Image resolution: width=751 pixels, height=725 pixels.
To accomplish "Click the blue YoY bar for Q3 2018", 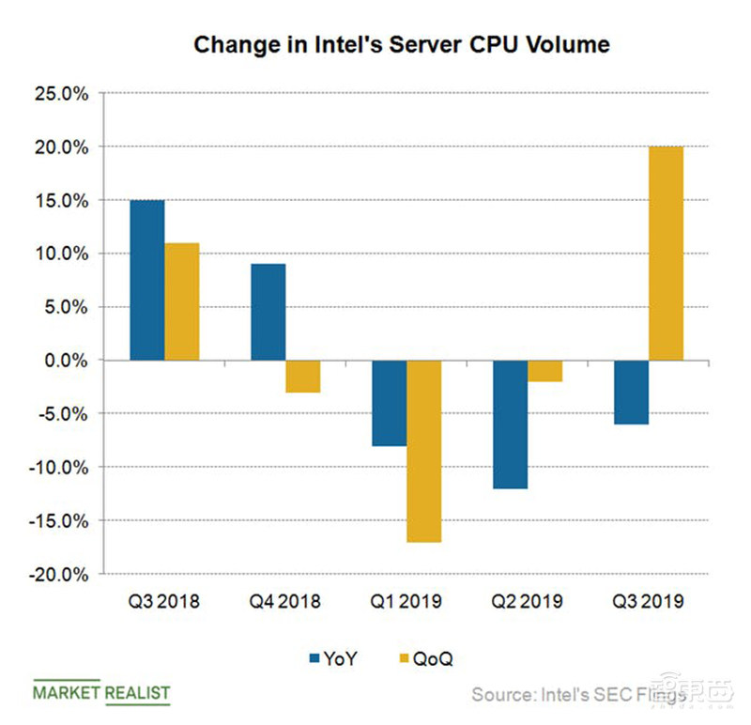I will [x=146, y=280].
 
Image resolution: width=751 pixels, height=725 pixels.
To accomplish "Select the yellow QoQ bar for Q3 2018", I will [x=181, y=301].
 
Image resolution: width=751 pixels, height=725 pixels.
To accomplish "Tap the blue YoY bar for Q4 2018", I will [x=268, y=312].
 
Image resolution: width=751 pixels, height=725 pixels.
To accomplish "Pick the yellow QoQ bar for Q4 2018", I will [x=302, y=377].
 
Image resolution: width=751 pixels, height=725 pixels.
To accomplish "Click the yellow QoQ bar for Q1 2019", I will [x=423, y=451].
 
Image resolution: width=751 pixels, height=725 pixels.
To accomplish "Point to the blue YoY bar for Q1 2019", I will [x=389, y=403].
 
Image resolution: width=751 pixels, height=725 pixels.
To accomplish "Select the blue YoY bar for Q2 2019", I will [x=510, y=424].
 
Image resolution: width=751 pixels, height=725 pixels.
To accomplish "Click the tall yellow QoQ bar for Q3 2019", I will [x=666, y=254].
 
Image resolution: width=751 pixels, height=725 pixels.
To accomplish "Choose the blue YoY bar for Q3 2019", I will [x=631, y=393].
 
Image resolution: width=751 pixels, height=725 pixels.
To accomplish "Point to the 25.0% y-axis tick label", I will [x=62, y=94].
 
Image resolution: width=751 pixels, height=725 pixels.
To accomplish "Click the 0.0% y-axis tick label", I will [x=66, y=361].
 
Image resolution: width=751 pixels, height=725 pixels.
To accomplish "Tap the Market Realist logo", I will [x=101, y=694].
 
